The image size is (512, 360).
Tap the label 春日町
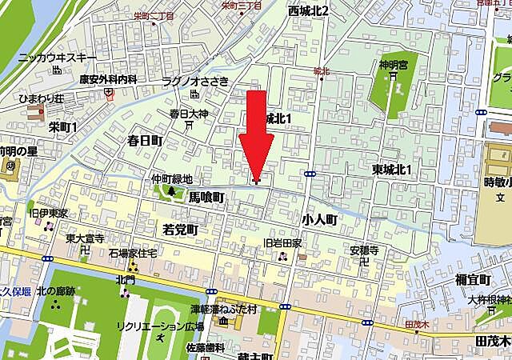click(145, 140)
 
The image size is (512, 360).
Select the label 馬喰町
click(206, 196)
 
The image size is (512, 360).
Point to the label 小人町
click(322, 217)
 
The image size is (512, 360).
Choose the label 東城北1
click(391, 170)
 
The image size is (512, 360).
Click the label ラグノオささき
click(196, 81)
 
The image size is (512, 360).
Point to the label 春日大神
click(189, 114)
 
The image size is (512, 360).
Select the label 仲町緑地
click(172, 179)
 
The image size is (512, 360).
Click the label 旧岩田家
click(282, 243)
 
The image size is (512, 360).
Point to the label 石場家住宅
click(132, 253)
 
